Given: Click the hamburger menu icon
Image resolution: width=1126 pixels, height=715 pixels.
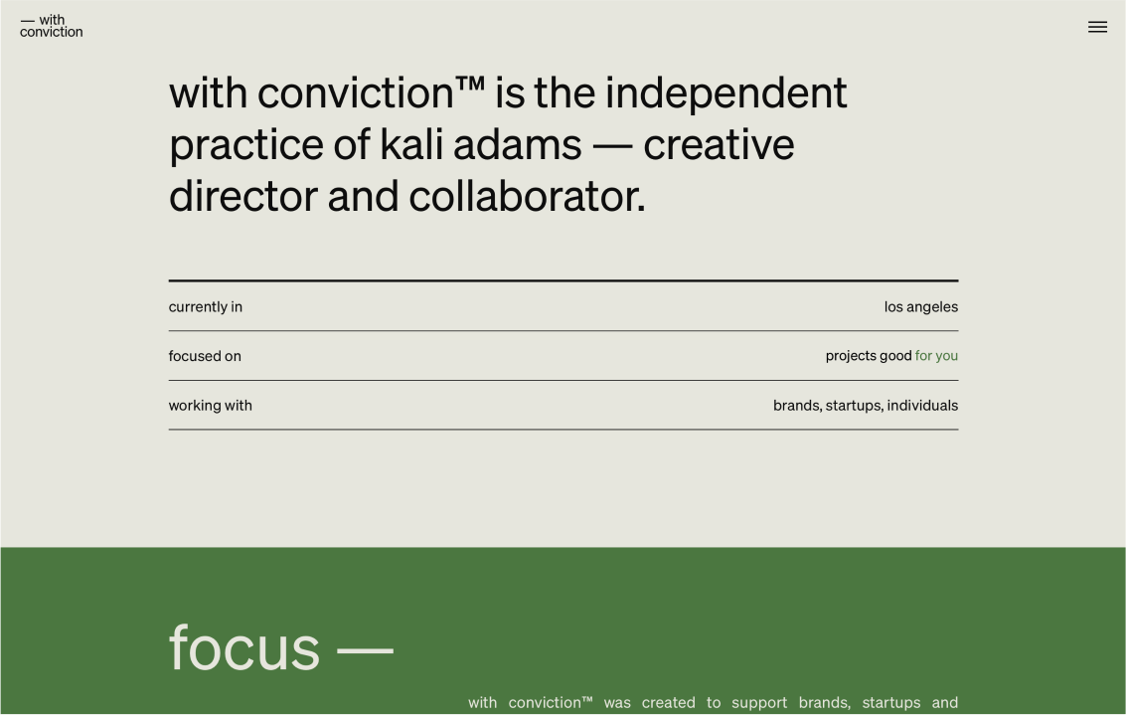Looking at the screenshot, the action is pos(1097,27).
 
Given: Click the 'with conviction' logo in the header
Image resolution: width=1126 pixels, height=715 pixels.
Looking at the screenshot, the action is pos(51,26).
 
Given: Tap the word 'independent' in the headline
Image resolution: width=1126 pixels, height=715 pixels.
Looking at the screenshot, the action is pos(726,93).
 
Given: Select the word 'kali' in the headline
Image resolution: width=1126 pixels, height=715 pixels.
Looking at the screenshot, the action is pos(410,144).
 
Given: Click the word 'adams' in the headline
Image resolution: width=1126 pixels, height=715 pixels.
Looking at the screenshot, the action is pos(517,144).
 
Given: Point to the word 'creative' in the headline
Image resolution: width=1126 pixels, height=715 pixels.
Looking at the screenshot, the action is pos(719,145).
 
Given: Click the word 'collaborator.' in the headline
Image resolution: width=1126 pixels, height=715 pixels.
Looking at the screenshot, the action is pos(527,196).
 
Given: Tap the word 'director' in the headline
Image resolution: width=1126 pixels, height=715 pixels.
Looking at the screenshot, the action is pos(242,196).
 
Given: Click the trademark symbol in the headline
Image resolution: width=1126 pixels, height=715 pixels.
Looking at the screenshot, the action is pos(470,85).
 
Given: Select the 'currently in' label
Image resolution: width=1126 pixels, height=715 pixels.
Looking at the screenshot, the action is pos(206,307).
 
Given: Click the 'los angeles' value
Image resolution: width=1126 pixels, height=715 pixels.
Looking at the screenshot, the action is pos(920,307).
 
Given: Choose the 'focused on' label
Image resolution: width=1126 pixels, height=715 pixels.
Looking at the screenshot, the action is pos(205,356).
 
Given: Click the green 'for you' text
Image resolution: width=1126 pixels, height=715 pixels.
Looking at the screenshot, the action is pos(936,356).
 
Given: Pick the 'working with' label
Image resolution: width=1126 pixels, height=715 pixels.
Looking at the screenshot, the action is pos(211,406).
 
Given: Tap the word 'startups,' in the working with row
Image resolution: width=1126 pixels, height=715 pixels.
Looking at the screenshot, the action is pos(854,406).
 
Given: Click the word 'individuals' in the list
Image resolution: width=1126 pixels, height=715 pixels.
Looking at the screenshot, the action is pos(923,406).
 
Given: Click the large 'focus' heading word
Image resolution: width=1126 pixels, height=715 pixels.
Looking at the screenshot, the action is pos(244,647).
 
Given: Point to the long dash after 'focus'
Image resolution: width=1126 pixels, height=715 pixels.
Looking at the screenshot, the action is pos(365,650).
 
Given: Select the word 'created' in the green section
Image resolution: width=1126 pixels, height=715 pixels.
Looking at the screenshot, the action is pos(669,703).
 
